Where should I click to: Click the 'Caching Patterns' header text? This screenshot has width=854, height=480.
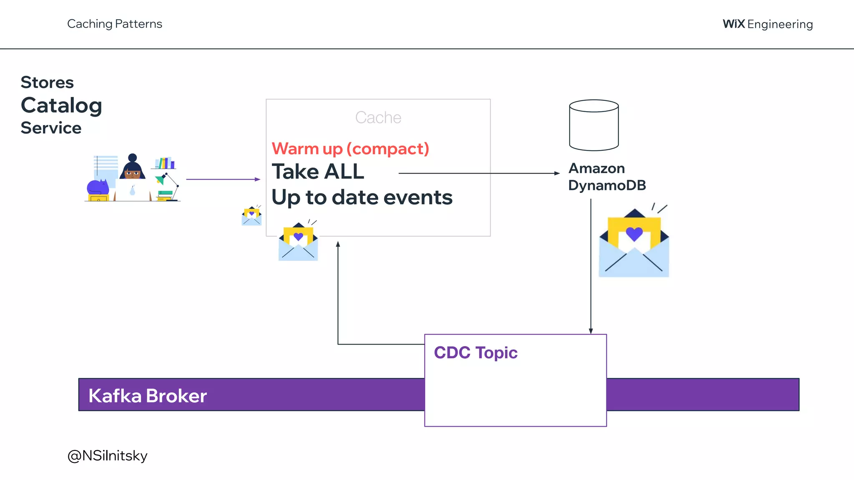(115, 24)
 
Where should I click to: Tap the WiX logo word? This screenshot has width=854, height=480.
(733, 24)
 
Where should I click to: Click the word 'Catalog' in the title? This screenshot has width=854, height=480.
(61, 105)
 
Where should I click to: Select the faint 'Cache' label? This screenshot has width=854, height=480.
(378, 117)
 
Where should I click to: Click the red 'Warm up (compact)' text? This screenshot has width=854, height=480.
(350, 149)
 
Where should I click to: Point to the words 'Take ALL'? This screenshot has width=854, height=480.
(318, 172)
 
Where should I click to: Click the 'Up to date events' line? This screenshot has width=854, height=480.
(362, 197)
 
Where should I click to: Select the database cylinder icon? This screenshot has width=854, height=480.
(594, 125)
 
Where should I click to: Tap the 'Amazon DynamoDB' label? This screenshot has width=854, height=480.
(607, 177)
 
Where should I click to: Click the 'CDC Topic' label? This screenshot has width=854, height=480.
(475, 352)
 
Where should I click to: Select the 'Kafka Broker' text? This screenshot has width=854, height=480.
(148, 396)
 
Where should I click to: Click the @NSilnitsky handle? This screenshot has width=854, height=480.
(107, 455)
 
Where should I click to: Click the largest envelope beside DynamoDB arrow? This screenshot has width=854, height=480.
(634, 243)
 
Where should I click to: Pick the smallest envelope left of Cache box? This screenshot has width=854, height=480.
(251, 216)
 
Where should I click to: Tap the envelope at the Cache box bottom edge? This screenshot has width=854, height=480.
(298, 242)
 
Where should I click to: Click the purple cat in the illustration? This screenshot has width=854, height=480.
(97, 187)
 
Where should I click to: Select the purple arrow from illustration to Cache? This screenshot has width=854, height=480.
(223, 179)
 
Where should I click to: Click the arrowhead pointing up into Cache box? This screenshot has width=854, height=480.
(338, 244)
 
